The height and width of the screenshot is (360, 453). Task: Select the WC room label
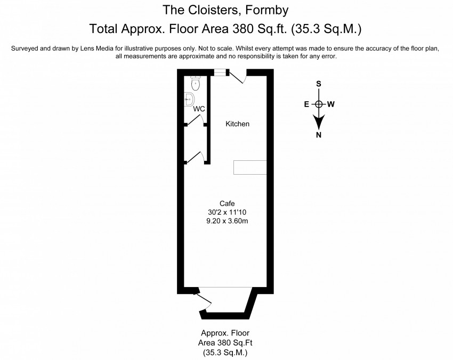[199, 109]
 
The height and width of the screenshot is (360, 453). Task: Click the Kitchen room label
[237, 124]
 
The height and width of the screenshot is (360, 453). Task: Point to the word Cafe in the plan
[227, 203]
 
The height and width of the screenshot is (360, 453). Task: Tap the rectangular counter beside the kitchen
[250, 167]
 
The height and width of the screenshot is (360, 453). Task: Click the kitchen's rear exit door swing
[238, 77]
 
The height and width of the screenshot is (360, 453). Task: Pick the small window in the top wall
[219, 72]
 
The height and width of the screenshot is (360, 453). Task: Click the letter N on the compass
[319, 135]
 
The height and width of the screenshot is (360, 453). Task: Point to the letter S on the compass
[319, 84]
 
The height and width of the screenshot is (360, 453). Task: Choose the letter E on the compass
[306, 104]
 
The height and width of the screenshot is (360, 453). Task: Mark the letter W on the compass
[331, 104]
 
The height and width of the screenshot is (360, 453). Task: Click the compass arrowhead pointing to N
[319, 124]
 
